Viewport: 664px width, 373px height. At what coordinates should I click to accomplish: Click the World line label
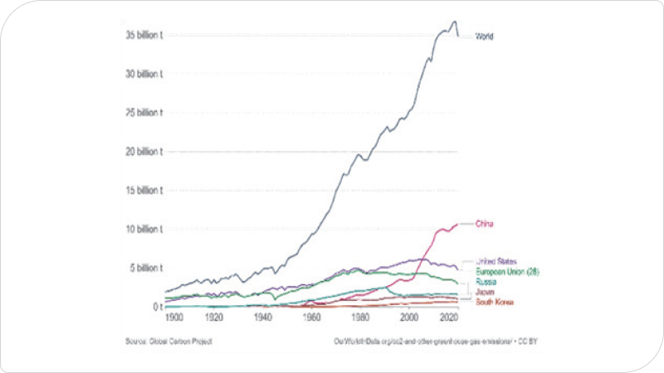(484, 36)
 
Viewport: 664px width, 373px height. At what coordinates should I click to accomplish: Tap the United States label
(496, 262)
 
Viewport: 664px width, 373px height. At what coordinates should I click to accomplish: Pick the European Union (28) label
(508, 272)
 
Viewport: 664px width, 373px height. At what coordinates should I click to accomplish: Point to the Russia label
(486, 282)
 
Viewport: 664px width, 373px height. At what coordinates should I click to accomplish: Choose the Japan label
(485, 293)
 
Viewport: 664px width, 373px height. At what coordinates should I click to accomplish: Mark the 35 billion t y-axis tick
(143, 35)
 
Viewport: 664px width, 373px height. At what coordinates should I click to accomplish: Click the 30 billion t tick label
(143, 74)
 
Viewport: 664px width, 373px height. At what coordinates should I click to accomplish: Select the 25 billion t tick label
(143, 113)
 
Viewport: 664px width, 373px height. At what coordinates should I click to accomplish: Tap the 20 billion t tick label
(143, 152)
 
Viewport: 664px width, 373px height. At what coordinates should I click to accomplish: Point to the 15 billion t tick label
(143, 190)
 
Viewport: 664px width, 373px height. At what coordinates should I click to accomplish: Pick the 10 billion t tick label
(143, 229)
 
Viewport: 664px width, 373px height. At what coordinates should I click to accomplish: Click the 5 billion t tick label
(145, 268)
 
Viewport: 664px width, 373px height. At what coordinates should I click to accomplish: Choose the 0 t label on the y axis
(156, 307)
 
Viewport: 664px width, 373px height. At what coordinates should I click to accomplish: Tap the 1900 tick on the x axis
(174, 317)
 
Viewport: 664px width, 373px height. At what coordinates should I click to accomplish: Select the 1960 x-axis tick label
(312, 317)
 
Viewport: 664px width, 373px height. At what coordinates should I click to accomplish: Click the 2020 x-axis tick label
(450, 317)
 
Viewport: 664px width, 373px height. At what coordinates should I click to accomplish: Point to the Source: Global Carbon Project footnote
(169, 341)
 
